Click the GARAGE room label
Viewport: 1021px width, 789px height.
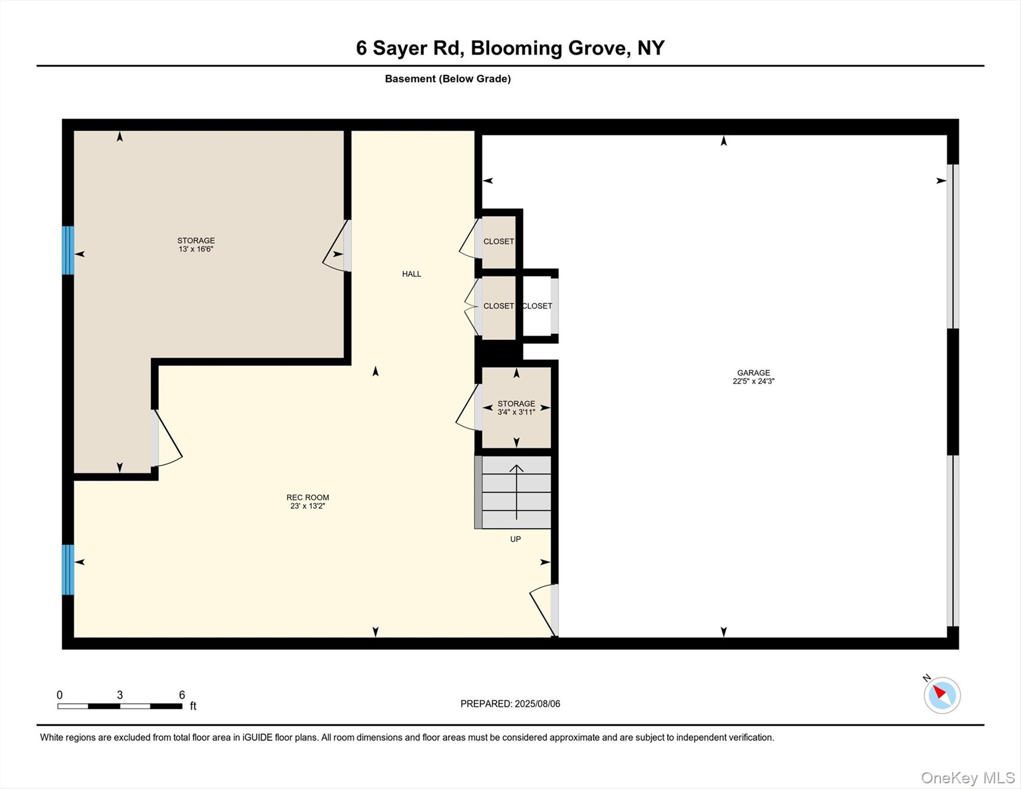753,373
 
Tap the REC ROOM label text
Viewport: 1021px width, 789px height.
308,497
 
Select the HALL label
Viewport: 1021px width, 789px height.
411,274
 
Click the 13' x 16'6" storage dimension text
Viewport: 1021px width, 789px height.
196,249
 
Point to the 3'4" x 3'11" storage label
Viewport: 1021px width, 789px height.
516,408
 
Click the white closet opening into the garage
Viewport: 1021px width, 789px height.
537,306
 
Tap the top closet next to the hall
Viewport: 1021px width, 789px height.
498,241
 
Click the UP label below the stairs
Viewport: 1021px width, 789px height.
515,539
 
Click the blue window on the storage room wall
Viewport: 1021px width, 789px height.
68,250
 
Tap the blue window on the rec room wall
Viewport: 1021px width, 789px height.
68,569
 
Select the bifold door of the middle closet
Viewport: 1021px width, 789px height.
471,307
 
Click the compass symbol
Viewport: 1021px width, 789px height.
942,695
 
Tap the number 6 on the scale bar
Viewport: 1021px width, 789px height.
182,695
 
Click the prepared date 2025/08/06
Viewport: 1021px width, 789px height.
537,704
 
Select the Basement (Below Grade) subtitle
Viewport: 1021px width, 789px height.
448,79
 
